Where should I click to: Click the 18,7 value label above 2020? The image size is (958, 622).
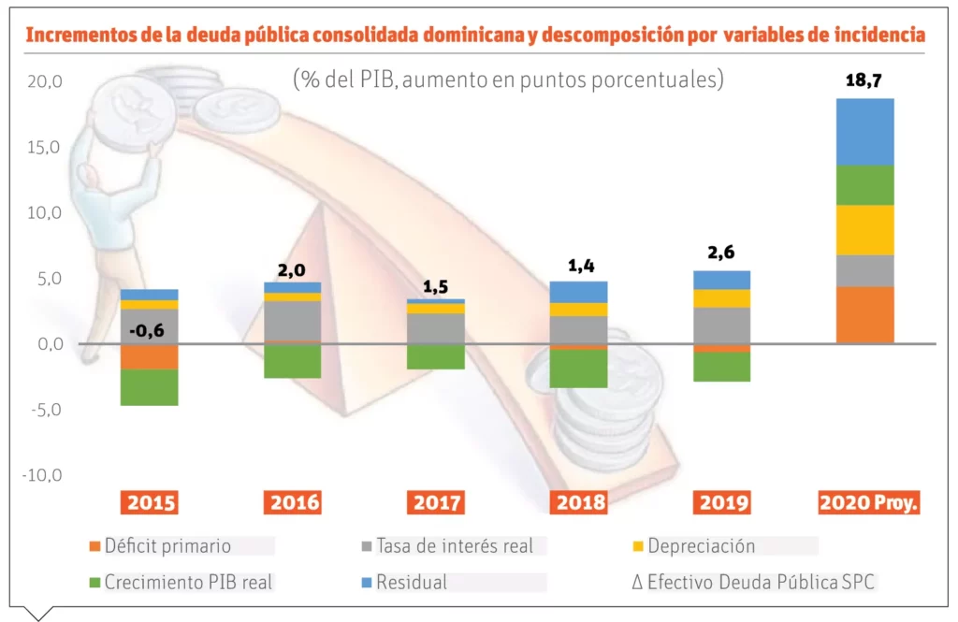tap(864, 80)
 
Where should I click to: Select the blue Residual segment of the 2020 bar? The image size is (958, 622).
tap(864, 132)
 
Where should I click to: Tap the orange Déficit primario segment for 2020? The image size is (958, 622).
tap(864, 315)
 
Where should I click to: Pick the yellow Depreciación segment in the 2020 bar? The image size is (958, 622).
tap(864, 230)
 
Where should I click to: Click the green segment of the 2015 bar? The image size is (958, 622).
tap(149, 387)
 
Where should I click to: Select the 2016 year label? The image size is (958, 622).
tap(295, 503)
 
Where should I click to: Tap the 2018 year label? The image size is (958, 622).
tap(580, 503)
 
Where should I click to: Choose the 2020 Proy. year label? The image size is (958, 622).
tap(869, 503)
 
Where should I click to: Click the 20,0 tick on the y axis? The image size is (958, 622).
tap(44, 81)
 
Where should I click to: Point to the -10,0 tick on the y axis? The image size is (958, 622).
tap(42, 474)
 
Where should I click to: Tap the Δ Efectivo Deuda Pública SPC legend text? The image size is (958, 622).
tap(753, 582)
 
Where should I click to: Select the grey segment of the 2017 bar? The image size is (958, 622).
tap(437, 328)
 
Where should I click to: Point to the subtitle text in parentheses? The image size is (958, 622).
tap(509, 79)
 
